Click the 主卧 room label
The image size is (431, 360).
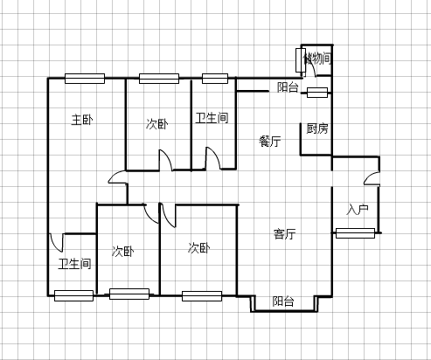(82, 120)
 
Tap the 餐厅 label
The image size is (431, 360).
(270, 142)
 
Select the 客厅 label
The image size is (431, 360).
(285, 234)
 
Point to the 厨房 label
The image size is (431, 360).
(317, 128)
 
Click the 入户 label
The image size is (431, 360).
(358, 210)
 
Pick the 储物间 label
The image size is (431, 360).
(317, 59)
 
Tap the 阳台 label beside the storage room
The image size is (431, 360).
(288, 87)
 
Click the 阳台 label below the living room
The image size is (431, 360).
(283, 301)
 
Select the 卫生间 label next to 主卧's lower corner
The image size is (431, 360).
(74, 264)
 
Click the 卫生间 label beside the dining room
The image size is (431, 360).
(212, 118)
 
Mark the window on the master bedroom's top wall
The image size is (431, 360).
(85, 79)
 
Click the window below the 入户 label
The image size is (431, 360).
(355, 233)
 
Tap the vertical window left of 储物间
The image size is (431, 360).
(300, 60)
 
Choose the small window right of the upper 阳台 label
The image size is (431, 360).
(317, 93)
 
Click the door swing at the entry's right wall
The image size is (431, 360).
(372, 178)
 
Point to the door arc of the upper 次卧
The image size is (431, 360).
(166, 160)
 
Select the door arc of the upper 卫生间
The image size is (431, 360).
(213, 158)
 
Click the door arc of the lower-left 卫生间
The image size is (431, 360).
(56, 243)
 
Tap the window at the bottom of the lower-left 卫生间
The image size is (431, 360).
(73, 295)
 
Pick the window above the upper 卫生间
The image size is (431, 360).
(215, 79)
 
